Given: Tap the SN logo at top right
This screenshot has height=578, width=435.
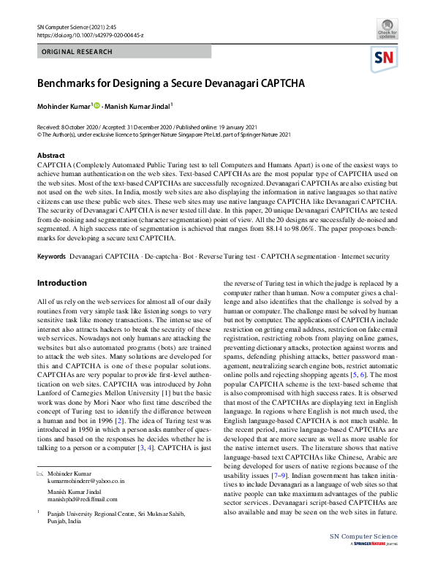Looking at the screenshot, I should pos(387,58).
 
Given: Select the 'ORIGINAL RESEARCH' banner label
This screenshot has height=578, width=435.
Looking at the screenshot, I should pos(77,52).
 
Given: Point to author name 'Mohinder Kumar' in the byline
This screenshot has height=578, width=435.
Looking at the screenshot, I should pos(64,107).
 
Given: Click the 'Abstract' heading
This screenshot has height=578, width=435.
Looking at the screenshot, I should pos(51,156).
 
